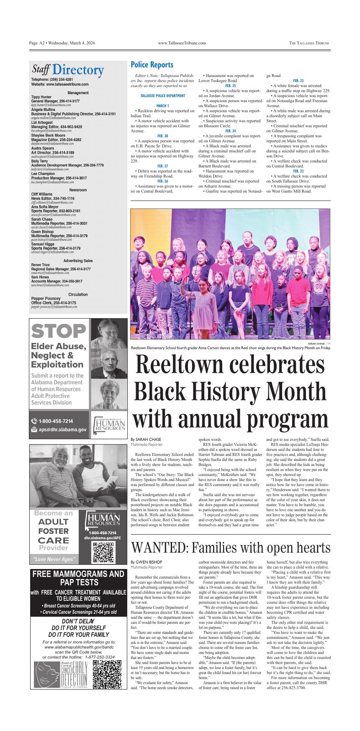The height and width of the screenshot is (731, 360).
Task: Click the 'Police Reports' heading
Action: tap(152, 65)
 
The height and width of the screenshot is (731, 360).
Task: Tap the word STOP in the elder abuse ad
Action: tap(58, 331)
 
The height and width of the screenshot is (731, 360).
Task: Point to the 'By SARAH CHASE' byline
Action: tap(146, 439)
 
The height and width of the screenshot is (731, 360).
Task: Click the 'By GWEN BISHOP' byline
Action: tap(146, 562)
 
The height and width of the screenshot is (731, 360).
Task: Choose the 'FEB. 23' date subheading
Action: tap(298, 81)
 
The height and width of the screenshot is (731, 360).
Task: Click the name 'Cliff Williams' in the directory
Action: tap(42, 194)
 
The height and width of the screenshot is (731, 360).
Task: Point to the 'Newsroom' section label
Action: tap(78, 190)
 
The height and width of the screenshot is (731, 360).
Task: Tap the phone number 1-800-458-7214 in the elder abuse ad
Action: tap(56, 421)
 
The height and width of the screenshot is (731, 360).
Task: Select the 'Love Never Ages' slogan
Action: tap(54, 559)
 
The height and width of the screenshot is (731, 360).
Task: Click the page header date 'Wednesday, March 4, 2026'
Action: tap(72, 43)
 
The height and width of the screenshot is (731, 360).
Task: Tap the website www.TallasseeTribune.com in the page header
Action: tap(182, 43)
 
